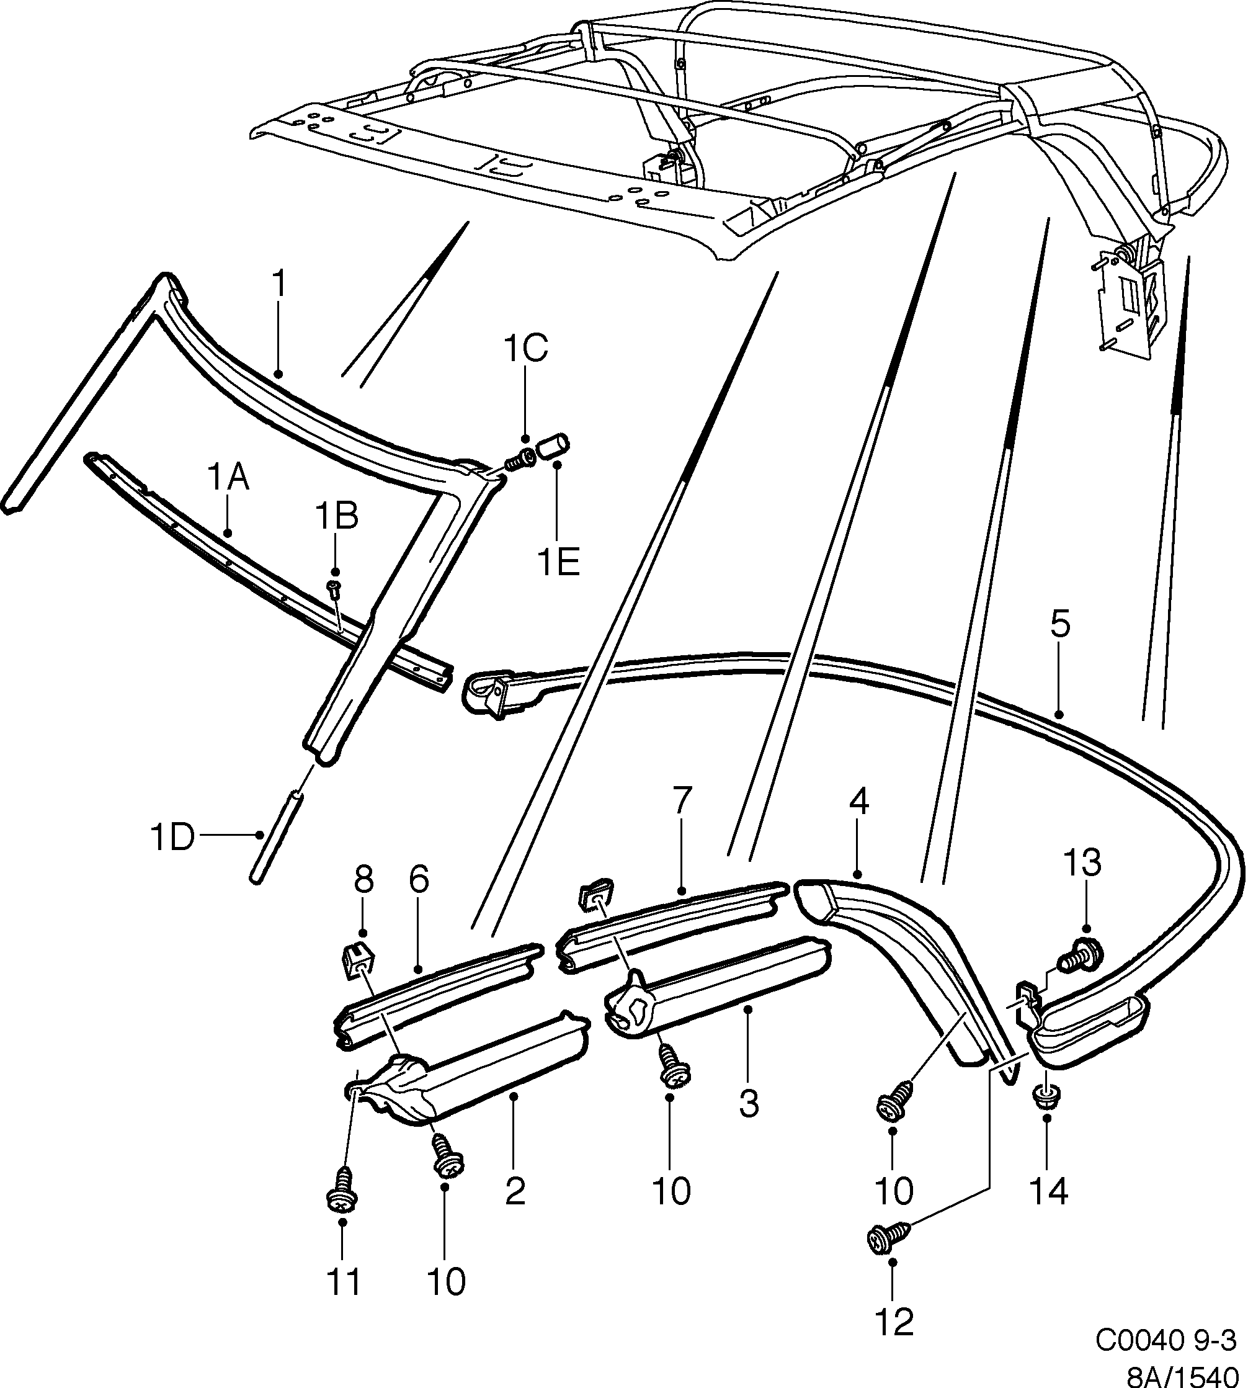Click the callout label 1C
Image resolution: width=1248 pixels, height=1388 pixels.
(x=525, y=349)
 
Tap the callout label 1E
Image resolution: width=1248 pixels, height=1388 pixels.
(x=558, y=564)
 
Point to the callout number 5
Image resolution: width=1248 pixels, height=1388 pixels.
(x=1059, y=626)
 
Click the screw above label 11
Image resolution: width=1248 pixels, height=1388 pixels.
(x=341, y=1198)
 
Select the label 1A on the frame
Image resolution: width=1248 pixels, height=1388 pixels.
(x=228, y=477)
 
